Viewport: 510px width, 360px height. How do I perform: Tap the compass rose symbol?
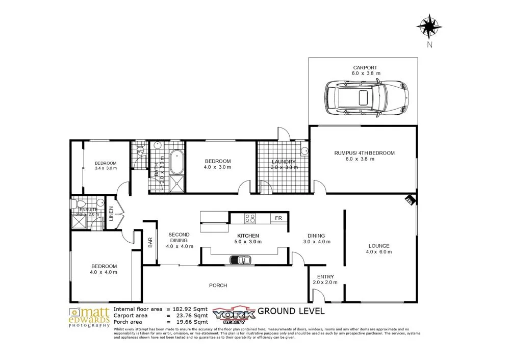tap(429, 25)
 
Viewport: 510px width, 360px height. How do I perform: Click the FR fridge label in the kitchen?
tap(278, 218)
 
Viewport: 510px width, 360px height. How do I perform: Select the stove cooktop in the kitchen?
tap(250, 218)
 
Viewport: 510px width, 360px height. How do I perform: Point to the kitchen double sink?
tap(240, 260)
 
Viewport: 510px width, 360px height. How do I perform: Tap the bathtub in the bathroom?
tap(176, 163)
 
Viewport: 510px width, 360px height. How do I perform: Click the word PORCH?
tap(218, 286)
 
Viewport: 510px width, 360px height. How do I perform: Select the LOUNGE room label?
tap(378, 246)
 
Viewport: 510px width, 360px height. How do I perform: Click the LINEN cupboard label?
tap(111, 214)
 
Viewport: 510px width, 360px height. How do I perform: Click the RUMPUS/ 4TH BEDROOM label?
tap(364, 153)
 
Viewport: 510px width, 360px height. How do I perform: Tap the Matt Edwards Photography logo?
tap(90, 317)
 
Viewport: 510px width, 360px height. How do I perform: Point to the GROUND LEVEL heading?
tap(291, 311)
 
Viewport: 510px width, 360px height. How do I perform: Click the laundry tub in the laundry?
tap(304, 150)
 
